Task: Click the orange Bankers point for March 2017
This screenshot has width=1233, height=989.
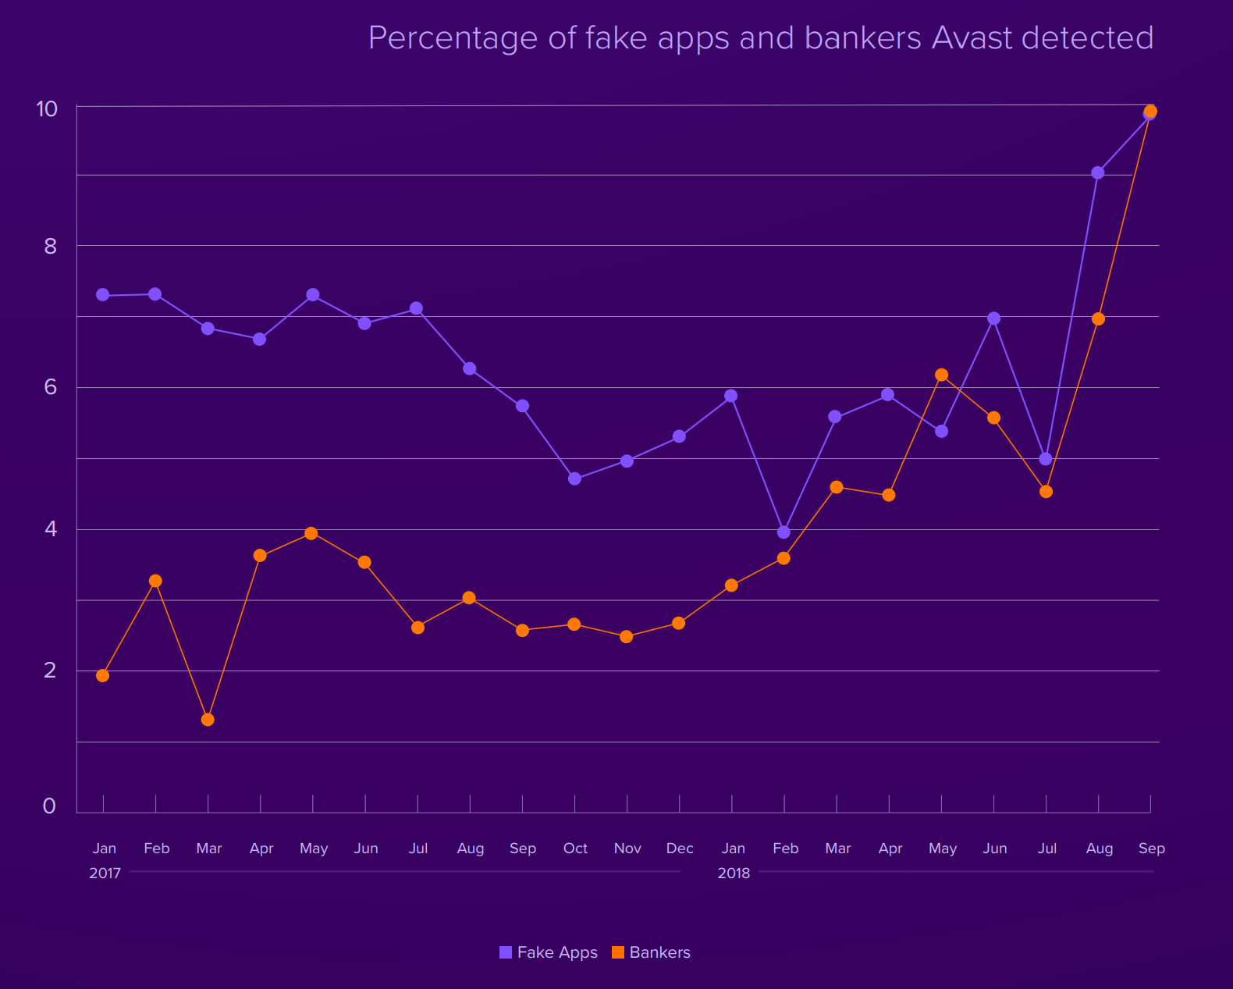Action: pos(208,720)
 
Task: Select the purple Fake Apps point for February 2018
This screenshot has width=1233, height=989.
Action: pos(784,532)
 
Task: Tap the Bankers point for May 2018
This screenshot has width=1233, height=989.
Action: pos(941,375)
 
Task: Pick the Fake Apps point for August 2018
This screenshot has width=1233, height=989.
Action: pos(1098,173)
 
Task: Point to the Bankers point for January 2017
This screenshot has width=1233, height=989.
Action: pos(103,676)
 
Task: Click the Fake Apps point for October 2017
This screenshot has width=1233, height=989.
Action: pos(574,478)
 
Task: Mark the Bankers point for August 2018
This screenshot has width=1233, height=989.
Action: pos(1098,319)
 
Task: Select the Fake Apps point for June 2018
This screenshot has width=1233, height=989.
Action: pos(993,318)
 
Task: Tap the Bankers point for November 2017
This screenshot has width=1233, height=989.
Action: pos(626,637)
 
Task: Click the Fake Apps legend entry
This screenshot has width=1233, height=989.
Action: pos(549,952)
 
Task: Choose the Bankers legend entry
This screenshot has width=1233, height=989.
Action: pos(652,952)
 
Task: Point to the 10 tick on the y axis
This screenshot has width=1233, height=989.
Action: pos(48,109)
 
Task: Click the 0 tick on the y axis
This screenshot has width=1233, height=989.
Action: pos(49,806)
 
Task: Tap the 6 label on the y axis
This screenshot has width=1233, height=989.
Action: pos(51,387)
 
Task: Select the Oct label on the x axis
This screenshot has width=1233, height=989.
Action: pos(575,848)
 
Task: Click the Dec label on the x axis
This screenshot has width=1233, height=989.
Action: pos(680,848)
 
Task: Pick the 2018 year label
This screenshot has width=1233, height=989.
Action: pos(734,873)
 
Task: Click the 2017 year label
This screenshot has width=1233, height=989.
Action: pos(105,873)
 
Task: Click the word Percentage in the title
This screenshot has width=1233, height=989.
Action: pos(453,38)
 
